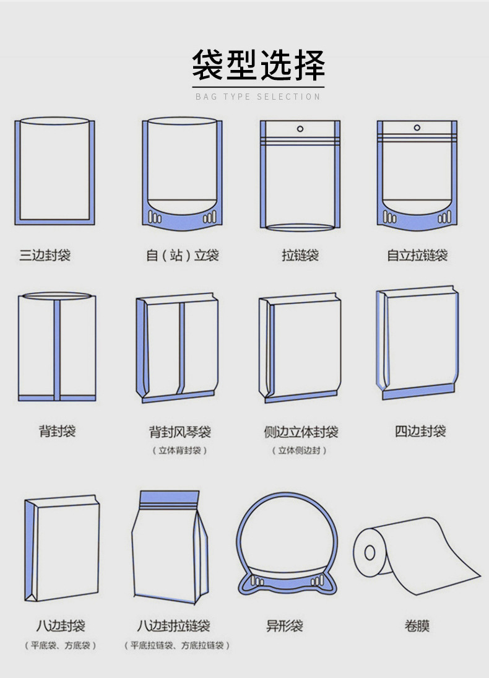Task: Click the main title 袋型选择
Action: point(258,65)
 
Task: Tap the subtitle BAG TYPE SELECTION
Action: point(258,97)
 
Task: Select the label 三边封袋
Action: point(45,255)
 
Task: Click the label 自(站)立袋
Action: point(183,255)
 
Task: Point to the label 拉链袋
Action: point(300,255)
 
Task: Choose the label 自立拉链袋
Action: point(417,255)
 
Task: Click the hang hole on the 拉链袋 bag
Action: point(300,128)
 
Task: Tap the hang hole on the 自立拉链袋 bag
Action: point(417,128)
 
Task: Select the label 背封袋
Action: point(58,431)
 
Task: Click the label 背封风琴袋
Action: point(180,432)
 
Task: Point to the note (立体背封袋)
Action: point(180,451)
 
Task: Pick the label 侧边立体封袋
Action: point(301,432)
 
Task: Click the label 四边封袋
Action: point(420,431)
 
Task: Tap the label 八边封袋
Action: point(61,625)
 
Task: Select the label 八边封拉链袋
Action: point(173,625)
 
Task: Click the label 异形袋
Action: point(285,625)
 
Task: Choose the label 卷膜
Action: point(417,625)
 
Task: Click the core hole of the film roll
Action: point(370,552)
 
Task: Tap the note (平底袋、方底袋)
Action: point(61,646)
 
